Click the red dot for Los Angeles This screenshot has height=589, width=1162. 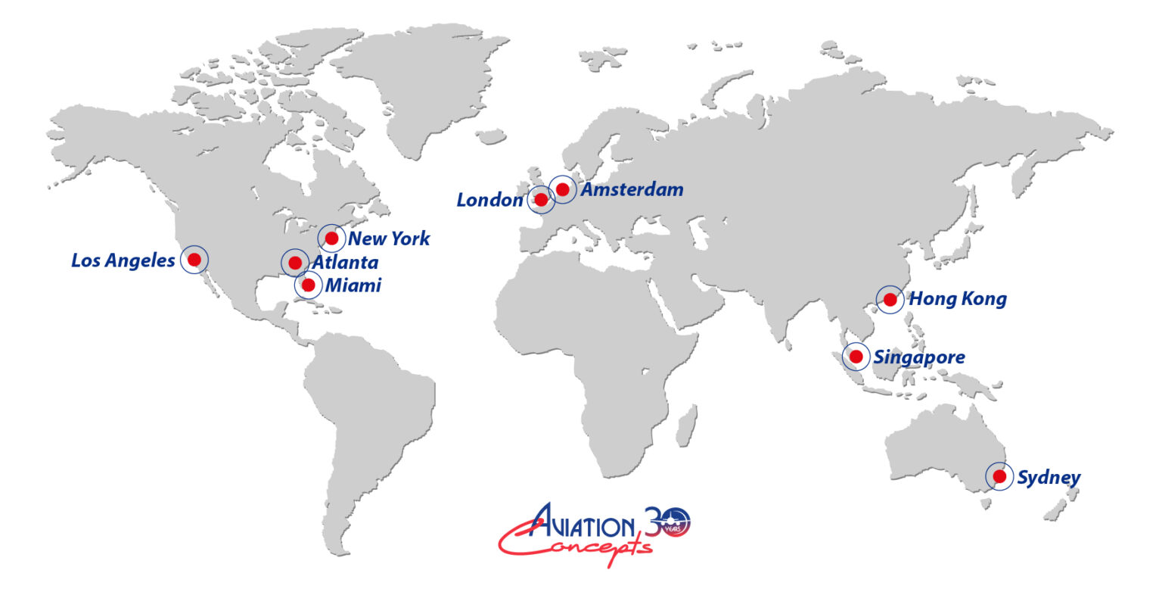[x=194, y=259]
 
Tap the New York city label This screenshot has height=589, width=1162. [x=389, y=239]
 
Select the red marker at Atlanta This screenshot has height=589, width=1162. [x=295, y=262]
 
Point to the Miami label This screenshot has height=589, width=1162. [x=353, y=285]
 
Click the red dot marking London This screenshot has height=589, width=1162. [x=541, y=200]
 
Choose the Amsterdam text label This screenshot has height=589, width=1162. [x=632, y=189]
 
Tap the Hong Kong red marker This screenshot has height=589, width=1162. [x=890, y=299]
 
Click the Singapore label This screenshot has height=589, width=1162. [x=919, y=357]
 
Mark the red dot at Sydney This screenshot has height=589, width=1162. [x=999, y=476]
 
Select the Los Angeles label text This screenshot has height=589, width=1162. [x=123, y=261]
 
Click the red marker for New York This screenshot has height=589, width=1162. [x=331, y=238]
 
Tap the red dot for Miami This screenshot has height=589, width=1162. [x=308, y=285]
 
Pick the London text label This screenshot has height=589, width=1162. [x=489, y=201]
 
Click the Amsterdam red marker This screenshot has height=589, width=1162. [x=563, y=189]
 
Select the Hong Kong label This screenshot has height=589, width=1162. [x=958, y=299]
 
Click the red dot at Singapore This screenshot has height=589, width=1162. [x=856, y=356]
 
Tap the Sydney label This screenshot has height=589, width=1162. [x=1049, y=478]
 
